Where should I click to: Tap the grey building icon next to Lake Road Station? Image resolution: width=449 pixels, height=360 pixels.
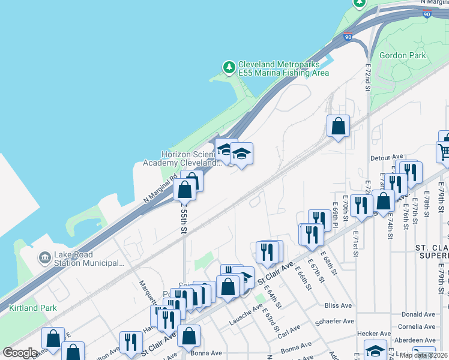[44, 258]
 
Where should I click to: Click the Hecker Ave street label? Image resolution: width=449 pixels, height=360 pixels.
[373, 334]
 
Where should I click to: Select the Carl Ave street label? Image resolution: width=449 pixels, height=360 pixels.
[289, 330]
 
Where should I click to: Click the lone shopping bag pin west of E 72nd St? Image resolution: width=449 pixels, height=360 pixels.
[339, 127]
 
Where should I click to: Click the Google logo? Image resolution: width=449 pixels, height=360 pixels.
[20, 353]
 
